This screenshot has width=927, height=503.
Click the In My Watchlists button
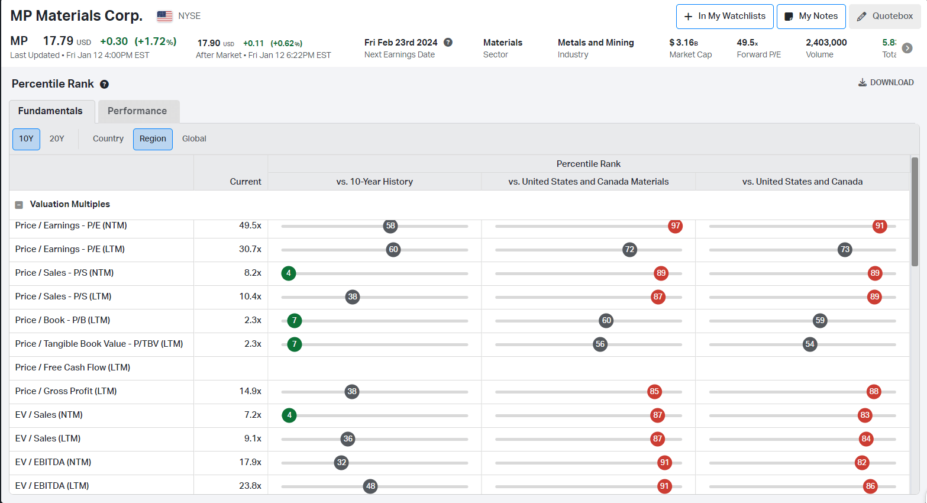point(725,17)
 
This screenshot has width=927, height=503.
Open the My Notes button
point(811,17)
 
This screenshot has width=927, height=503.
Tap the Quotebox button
point(884,17)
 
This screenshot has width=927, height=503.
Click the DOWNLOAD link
point(886,82)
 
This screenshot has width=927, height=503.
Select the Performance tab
point(137,111)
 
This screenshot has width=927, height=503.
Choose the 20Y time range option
point(57,139)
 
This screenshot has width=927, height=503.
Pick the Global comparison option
point(194,139)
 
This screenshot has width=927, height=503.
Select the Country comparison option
point(108,139)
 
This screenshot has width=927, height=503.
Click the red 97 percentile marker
point(675,226)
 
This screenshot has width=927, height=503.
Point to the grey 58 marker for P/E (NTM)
point(390,226)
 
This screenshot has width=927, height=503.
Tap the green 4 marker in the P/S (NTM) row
point(289,273)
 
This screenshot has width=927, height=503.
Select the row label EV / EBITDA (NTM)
point(53,462)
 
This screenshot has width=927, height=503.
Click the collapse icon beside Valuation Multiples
point(19,205)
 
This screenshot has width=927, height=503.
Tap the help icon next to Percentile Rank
point(104,84)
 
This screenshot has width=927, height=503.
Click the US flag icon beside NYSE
point(164,17)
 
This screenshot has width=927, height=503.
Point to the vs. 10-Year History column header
point(374,182)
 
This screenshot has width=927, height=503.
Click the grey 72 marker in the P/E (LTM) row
point(629,250)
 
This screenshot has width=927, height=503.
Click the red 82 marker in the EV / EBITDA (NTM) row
point(861,463)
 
